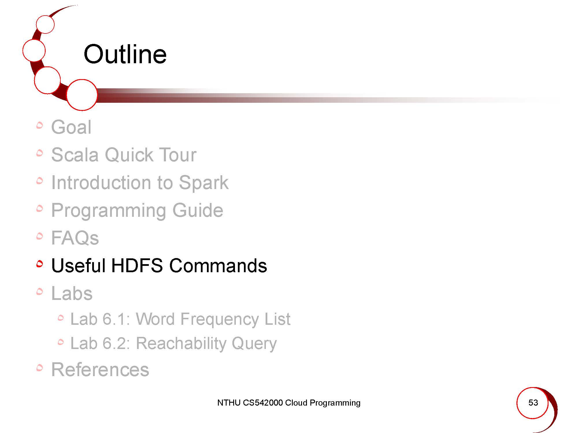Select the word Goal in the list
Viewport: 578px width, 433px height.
tap(71, 127)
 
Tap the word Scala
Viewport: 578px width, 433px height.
tap(75, 155)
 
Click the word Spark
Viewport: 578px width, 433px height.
tap(203, 183)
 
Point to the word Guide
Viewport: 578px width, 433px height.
tap(198, 210)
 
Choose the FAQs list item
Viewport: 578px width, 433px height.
tap(75, 238)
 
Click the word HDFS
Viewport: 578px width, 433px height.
tap(137, 266)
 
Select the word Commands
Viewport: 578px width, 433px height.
tap(218, 266)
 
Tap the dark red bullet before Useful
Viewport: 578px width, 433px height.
tap(40, 264)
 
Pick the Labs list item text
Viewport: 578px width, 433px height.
tap(72, 293)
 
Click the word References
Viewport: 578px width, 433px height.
tap(100, 369)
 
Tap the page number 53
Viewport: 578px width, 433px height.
tap(533, 402)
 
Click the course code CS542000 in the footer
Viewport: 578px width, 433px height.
tap(263, 403)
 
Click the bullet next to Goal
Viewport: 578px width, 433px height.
tap(40, 125)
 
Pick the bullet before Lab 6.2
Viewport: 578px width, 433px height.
tap(60, 342)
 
